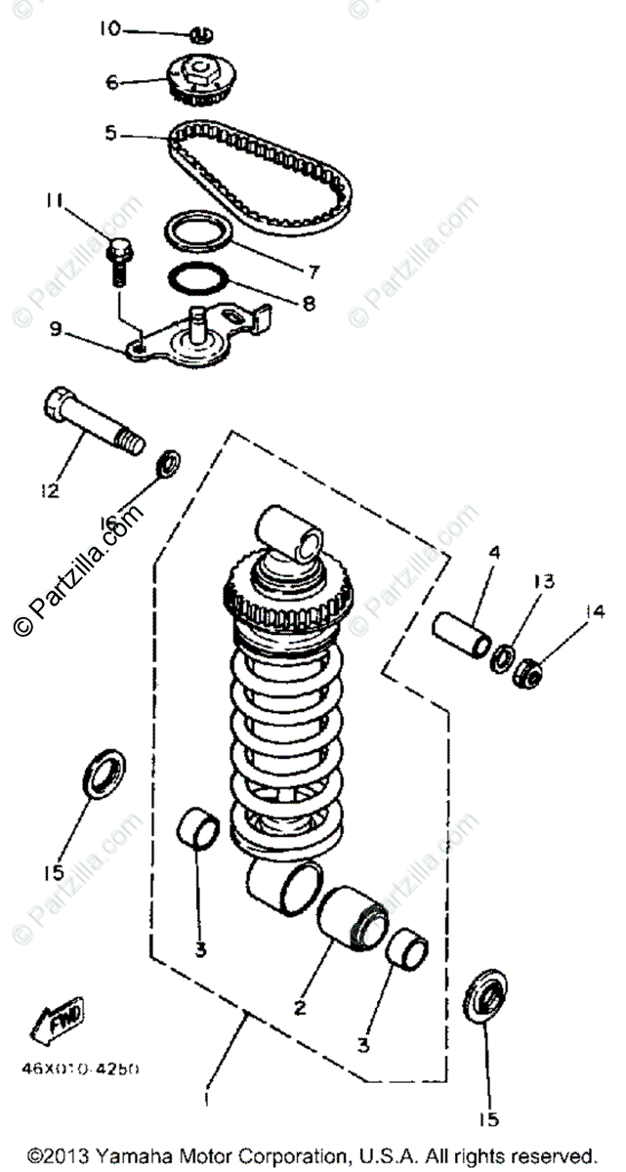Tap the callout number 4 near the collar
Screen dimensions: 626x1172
coord(494,553)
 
